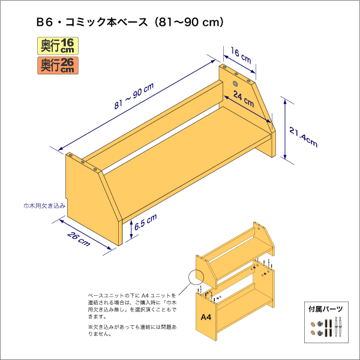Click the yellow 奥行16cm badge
tap(58, 46)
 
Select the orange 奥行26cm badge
tap(58, 65)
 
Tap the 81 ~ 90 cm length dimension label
tap(134, 96)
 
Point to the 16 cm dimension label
tap(241, 55)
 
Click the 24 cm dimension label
tap(244, 99)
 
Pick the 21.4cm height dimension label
tap(303, 137)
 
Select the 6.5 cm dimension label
tap(145, 222)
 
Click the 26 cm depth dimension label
tap(79, 239)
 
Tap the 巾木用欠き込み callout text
tap(44, 206)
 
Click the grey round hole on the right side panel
tap(235, 84)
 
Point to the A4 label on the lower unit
tap(206, 317)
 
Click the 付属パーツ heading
tap(326, 309)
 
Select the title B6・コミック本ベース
tap(92, 23)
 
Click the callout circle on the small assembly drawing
tap(196, 277)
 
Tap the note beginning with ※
tap(133, 330)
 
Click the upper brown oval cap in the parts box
tap(313, 325)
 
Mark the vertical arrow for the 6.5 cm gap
tap(131, 229)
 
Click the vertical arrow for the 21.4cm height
tap(285, 130)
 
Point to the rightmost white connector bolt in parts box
tap(340, 326)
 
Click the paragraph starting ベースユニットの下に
tap(132, 306)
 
